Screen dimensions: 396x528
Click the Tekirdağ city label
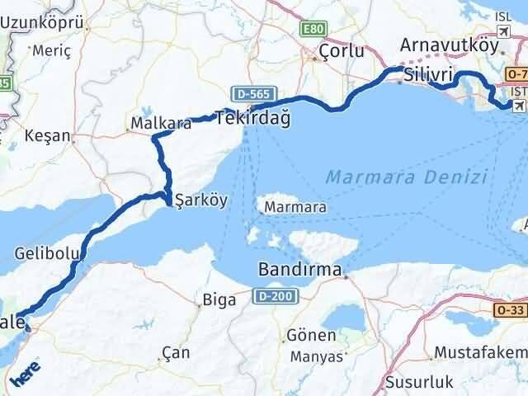pos(253,119)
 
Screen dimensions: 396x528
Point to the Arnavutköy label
pos(452,45)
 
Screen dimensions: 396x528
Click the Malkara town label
pos(160,124)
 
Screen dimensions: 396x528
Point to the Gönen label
pos(311,336)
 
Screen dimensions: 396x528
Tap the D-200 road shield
pos(271,295)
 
